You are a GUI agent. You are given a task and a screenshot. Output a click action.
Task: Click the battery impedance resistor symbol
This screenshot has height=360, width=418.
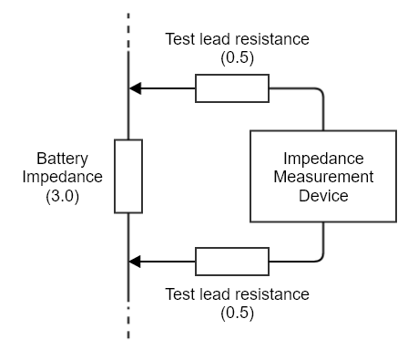point(128,176)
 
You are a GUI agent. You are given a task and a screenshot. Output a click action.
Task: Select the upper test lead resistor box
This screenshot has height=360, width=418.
point(232,88)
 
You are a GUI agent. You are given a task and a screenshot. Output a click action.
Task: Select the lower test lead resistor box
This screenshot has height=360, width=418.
point(232,262)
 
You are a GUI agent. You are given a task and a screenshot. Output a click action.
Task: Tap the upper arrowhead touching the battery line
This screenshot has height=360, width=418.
point(136,88)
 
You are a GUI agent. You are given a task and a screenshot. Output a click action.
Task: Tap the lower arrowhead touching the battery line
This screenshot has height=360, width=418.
point(136,262)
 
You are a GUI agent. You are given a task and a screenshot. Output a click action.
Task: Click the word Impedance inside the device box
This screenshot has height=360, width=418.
point(323,156)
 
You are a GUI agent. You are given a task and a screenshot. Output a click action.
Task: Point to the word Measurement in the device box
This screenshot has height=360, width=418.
point(323,175)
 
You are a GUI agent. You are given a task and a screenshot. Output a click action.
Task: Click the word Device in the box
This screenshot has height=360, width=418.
point(323,194)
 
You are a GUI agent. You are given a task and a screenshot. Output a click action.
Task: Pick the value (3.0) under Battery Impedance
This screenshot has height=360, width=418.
point(63,195)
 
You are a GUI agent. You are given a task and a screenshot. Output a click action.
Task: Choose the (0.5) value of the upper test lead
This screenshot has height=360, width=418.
point(237,57)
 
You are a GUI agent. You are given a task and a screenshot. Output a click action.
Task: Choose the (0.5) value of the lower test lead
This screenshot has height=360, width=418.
point(237,313)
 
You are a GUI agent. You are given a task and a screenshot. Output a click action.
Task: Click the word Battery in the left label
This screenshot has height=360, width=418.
point(63,158)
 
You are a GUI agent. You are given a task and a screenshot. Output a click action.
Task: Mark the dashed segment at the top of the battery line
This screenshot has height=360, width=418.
point(128,27)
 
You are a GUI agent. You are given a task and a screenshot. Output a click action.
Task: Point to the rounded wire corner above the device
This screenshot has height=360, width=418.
point(320,92)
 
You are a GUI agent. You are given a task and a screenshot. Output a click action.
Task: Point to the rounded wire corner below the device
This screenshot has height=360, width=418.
point(320,258)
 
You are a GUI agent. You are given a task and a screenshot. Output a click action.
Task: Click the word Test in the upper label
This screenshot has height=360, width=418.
point(178,40)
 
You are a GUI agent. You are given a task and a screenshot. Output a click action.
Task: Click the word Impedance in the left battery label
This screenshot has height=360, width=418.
point(63,176)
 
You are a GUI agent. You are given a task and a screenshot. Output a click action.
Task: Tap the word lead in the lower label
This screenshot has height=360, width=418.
point(215,294)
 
